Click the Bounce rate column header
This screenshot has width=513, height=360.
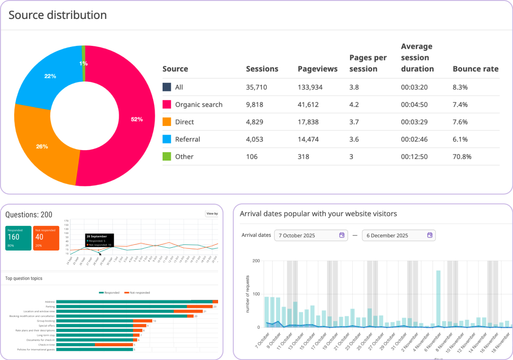pos(475,69)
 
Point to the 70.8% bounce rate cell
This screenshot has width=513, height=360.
pos(462,157)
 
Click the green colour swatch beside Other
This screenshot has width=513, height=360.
pos(167,157)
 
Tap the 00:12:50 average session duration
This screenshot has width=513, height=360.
pos(414,157)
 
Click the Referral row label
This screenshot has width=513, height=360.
pos(187,139)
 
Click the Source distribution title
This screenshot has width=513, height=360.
pos(57,15)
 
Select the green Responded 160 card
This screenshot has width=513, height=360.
pos(18,238)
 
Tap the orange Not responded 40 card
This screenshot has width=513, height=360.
pos(46,238)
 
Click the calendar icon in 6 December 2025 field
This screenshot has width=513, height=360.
pos(430,235)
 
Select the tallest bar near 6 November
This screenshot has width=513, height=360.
pos(438,298)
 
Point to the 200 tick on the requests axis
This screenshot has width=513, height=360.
pos(256,261)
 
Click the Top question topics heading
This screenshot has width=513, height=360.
pos(24,279)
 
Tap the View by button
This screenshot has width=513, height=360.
pos(212,214)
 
